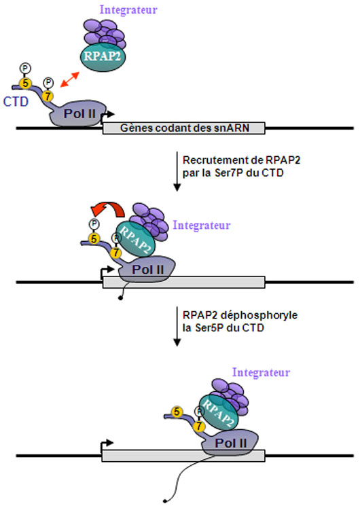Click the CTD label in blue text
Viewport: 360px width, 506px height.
(16, 102)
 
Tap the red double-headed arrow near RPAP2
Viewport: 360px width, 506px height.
(70, 79)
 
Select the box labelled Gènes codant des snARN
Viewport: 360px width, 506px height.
(183, 128)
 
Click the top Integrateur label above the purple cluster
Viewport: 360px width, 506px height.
(128, 10)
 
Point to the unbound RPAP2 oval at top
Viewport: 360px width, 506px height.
(103, 56)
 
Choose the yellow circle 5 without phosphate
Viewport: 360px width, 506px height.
(177, 412)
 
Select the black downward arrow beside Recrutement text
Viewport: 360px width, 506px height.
(177, 171)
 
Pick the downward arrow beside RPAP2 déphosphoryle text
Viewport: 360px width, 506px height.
(177, 326)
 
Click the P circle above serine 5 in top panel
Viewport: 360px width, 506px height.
(25, 69)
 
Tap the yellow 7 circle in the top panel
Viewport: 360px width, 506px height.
(48, 96)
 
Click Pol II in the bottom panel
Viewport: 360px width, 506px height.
(230, 442)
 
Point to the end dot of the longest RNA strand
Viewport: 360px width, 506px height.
(164, 501)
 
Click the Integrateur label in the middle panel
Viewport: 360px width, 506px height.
(202, 225)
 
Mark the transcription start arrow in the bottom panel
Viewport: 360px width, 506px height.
(107, 446)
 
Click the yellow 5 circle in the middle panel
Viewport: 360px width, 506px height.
(94, 239)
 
